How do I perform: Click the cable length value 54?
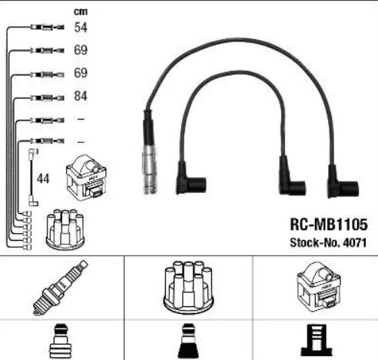point(81,27)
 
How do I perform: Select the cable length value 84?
point(81,96)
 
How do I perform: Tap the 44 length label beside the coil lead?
point(43,178)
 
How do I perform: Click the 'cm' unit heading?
point(81,12)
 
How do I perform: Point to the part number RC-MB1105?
point(329,225)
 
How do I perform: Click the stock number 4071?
point(355,242)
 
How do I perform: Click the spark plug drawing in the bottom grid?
point(61,288)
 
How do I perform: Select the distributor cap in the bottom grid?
point(188,287)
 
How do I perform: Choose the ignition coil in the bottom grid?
point(319,286)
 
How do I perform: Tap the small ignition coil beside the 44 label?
point(86,178)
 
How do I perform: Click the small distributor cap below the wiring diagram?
point(65,229)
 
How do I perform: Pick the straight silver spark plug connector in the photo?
point(149,152)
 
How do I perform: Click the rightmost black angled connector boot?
point(343,182)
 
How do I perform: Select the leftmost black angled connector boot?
point(191,178)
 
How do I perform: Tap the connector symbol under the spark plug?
point(61,342)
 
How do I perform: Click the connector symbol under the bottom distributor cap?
point(188,342)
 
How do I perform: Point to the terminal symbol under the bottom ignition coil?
point(317,340)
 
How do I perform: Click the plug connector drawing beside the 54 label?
point(48,27)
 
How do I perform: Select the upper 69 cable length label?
point(81,50)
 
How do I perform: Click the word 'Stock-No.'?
point(315,242)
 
